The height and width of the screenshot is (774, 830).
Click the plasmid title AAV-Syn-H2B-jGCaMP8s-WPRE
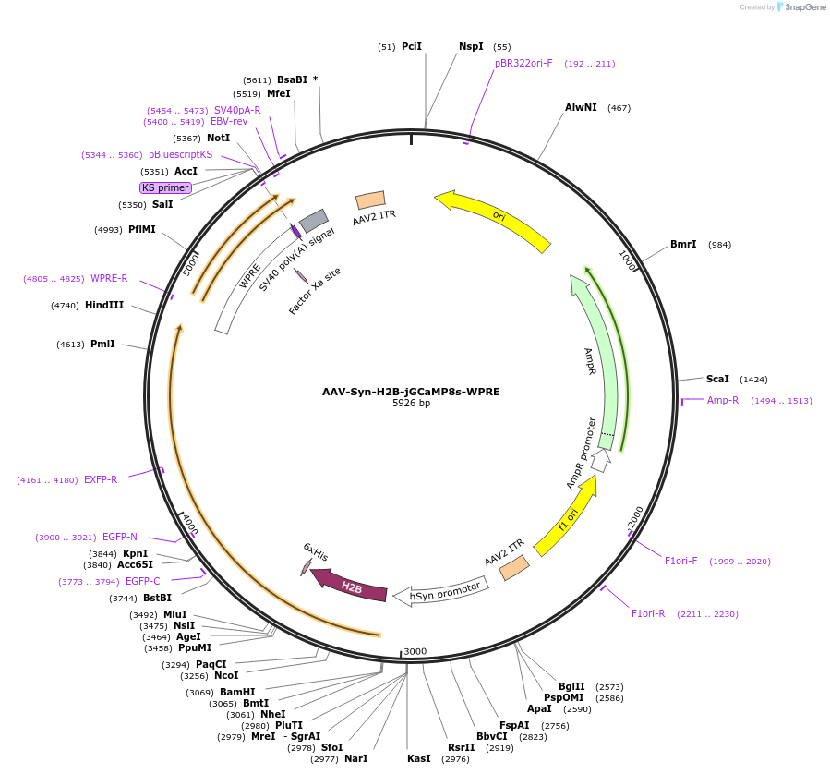pyautogui.click(x=411, y=392)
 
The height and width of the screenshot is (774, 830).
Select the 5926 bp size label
pyautogui.click(x=411, y=404)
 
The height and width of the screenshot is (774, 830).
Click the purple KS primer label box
pyautogui.click(x=166, y=187)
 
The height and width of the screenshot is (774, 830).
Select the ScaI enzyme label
pyautogui.click(x=717, y=379)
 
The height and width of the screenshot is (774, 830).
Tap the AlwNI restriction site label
pyautogui.click(x=581, y=108)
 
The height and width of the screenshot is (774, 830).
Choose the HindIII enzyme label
pyautogui.click(x=104, y=305)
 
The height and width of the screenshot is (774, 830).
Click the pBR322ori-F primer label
pyautogui.click(x=523, y=64)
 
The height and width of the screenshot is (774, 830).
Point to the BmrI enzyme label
pyautogui.click(x=683, y=245)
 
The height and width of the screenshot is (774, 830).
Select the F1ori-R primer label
pyautogui.click(x=648, y=613)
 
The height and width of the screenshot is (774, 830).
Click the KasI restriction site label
pyautogui.click(x=418, y=758)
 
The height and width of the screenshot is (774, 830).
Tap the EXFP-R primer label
pyautogui.click(x=101, y=479)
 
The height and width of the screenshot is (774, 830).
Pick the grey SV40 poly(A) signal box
pyautogui.click(x=314, y=220)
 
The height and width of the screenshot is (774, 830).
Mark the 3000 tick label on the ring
pyautogui.click(x=415, y=651)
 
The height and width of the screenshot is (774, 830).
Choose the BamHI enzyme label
pyautogui.click(x=238, y=692)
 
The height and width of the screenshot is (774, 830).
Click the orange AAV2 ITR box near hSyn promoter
pyautogui.click(x=514, y=567)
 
